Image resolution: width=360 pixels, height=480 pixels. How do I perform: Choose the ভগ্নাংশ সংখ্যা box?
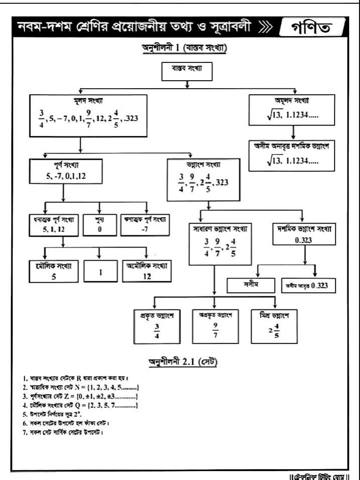(203, 180)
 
